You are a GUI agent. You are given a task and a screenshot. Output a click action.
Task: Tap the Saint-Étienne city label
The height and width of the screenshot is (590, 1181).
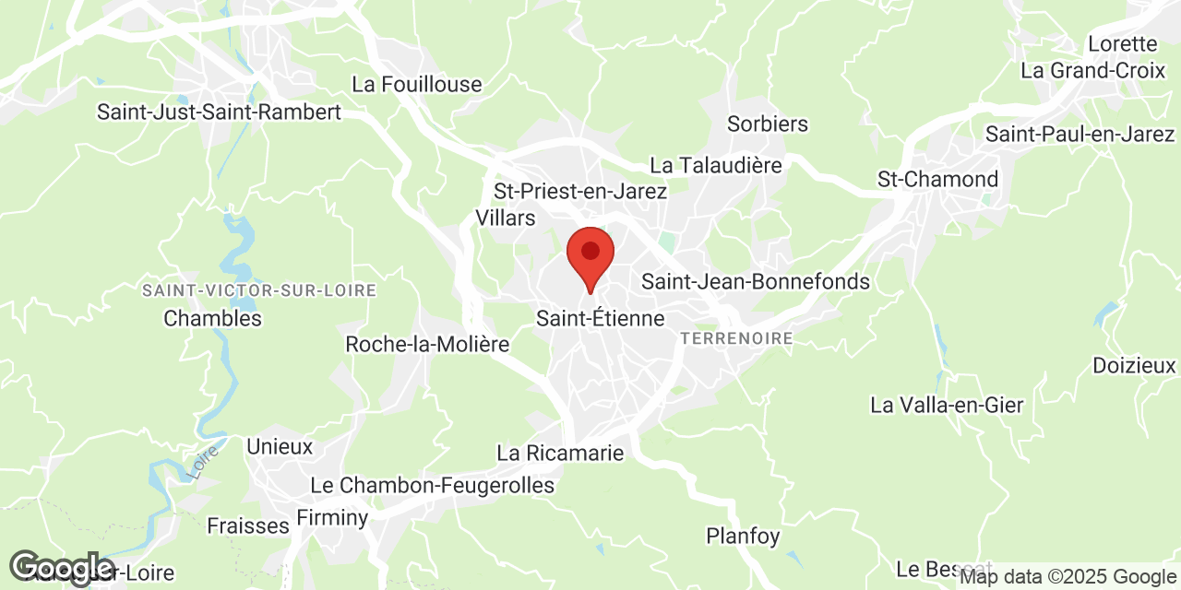pos(600,319)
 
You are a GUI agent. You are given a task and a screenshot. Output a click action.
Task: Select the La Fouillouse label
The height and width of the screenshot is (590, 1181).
pos(417,85)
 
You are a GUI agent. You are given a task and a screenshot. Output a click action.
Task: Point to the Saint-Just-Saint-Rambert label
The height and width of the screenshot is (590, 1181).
pos(220,112)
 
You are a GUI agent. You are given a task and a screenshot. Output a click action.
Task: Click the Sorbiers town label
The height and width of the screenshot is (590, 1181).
pos(768,124)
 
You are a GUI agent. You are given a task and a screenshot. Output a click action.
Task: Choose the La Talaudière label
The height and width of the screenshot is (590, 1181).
pos(716,166)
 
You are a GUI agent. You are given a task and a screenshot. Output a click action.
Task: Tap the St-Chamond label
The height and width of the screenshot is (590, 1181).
pos(937,180)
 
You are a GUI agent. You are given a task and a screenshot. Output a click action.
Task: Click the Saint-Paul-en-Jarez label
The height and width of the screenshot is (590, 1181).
pos(1080,135)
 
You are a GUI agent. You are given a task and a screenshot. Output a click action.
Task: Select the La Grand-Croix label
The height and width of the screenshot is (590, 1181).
pos(1092,70)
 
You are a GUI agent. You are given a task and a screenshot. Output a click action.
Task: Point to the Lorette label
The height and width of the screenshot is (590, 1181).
pos(1122,44)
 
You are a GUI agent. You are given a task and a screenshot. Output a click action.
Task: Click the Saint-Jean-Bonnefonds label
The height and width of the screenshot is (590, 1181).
pos(756,282)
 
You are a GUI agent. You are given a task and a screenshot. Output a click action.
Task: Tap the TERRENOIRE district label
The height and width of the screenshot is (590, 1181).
pos(736,339)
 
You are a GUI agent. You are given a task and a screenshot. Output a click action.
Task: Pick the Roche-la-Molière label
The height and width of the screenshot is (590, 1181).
pos(427,345)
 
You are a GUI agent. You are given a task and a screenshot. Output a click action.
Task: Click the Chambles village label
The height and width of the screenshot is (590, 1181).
pos(212,319)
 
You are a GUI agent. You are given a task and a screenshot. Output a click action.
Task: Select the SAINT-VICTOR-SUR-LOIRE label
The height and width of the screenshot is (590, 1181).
pos(259,291)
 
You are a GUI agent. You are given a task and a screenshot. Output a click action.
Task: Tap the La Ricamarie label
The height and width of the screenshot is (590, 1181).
pos(560,454)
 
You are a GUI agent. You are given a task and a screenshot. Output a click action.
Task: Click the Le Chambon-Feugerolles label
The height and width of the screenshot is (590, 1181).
pos(433,486)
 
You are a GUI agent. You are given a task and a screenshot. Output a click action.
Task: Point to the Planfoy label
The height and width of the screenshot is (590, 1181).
pos(743,536)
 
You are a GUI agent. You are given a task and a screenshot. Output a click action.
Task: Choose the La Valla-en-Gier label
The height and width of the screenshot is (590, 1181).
pos(947,405)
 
